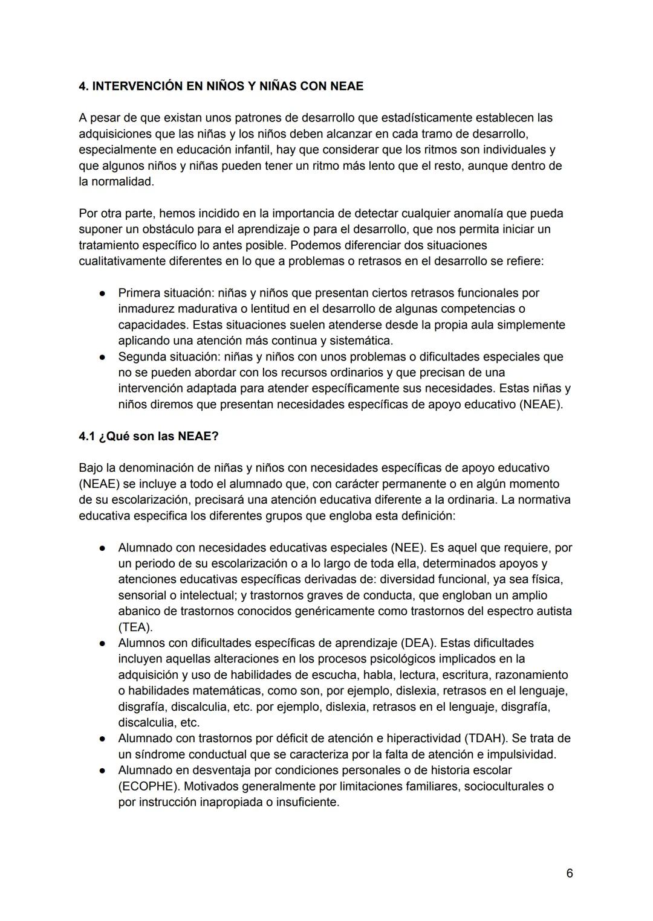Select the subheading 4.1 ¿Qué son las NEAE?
click(148, 436)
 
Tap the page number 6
click(570, 873)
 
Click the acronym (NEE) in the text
click(408, 548)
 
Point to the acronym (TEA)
click(135, 626)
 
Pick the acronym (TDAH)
click(486, 738)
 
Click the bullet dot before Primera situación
click(103, 294)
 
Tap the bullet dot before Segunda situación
click(103, 357)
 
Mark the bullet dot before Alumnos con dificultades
click(103, 643)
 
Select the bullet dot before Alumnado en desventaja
click(103, 771)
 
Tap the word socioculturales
click(501, 786)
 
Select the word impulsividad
click(519, 754)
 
